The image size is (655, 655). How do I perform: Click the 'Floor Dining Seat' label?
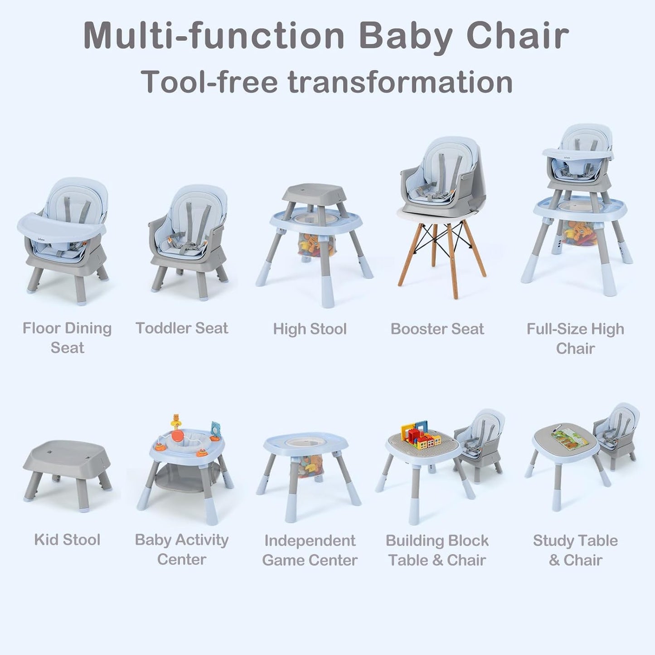[x=67, y=338]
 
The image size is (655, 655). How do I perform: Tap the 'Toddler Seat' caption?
[x=182, y=328]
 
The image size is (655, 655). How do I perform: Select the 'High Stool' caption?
[x=310, y=329]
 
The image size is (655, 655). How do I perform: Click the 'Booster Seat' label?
[x=437, y=329]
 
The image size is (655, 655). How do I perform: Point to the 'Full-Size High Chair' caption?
[x=575, y=338]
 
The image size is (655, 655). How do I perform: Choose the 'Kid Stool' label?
[x=67, y=540]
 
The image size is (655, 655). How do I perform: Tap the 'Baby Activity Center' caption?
[x=181, y=549]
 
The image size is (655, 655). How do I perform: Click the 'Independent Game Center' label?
[x=310, y=550]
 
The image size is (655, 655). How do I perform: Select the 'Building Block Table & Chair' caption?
[x=437, y=550]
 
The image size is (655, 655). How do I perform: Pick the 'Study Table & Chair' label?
[x=575, y=550]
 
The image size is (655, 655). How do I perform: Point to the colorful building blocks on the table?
[x=420, y=436]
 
